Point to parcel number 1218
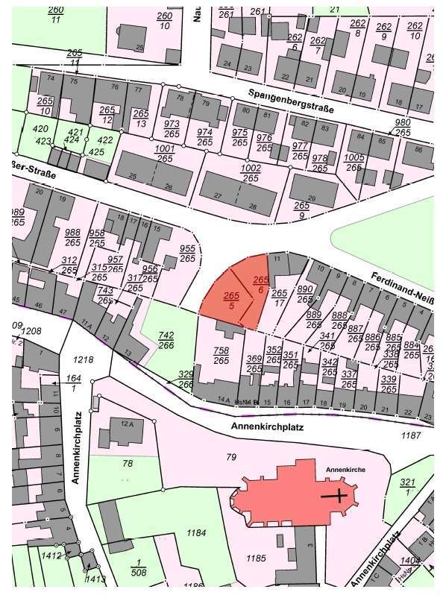[x=84, y=359]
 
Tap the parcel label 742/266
[x=166, y=341]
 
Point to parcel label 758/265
[x=221, y=355]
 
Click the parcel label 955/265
[x=187, y=254]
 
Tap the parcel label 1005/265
[x=354, y=163]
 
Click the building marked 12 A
[x=127, y=427]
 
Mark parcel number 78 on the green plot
[x=128, y=464]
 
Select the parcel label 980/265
[x=403, y=127]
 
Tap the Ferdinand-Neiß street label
[x=403, y=290]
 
